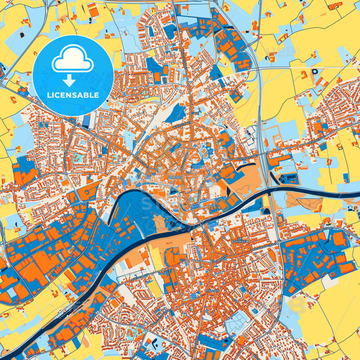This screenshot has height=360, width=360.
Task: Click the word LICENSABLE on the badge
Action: pyautogui.click(x=72, y=95)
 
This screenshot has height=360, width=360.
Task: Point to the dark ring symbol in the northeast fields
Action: pyautogui.click(x=315, y=72)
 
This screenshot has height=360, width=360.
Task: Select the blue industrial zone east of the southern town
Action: pyautogui.click(x=317, y=260)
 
